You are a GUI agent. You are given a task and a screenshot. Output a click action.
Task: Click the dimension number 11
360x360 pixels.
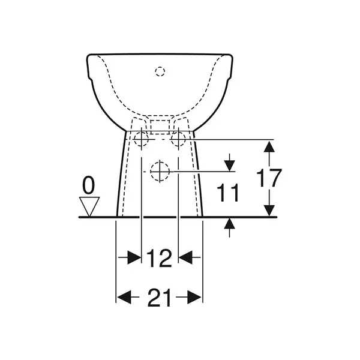click(x=228, y=193)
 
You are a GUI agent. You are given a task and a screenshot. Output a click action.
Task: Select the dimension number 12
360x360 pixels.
click(x=159, y=258)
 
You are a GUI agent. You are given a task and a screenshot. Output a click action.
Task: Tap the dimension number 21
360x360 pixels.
click(x=159, y=298)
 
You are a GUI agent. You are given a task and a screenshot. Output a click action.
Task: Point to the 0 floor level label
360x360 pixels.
click(x=88, y=185)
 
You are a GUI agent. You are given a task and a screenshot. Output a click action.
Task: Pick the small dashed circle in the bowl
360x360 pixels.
click(x=160, y=71)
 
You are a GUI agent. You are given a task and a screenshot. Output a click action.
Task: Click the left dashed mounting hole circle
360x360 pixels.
click(x=141, y=139)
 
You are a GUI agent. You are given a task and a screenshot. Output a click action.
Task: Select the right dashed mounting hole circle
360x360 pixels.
click(x=178, y=139)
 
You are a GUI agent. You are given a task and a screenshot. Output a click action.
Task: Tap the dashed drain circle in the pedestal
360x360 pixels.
click(x=160, y=171)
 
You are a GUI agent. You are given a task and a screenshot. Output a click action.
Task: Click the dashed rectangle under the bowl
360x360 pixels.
click(x=160, y=127)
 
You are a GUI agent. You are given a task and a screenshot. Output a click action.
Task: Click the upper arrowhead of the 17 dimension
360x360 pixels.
click(x=269, y=146)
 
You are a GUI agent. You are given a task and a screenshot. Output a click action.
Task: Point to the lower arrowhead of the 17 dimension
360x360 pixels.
click(x=269, y=211)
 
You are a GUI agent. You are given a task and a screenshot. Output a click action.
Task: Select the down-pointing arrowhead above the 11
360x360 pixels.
click(x=230, y=166)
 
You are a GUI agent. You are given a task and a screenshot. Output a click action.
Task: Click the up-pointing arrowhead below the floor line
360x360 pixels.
click(x=230, y=223)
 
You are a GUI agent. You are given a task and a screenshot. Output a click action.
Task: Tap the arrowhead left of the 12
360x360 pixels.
click(x=134, y=257)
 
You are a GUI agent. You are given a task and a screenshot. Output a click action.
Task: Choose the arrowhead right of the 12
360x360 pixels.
click(x=185, y=257)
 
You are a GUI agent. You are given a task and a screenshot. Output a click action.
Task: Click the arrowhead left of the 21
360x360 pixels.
click(x=124, y=297)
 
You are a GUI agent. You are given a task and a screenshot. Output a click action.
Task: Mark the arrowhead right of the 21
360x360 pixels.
click(x=194, y=297)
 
